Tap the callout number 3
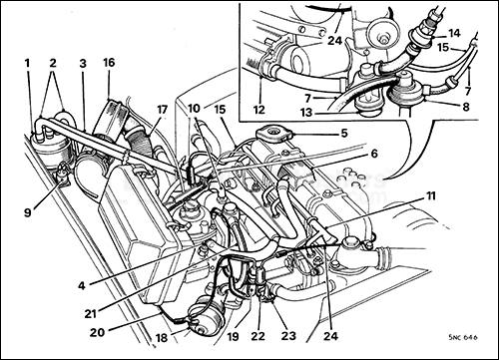[83, 62]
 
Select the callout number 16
[109, 62]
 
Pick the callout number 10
[195, 107]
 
